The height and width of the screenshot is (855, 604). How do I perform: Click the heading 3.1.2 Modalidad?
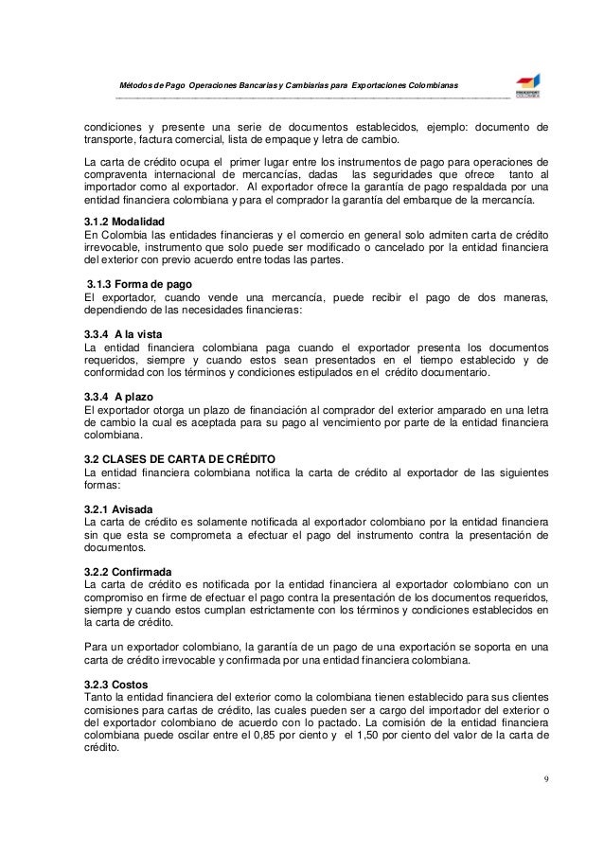[x=123, y=220]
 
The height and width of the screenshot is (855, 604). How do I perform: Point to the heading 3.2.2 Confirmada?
[x=128, y=573]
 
